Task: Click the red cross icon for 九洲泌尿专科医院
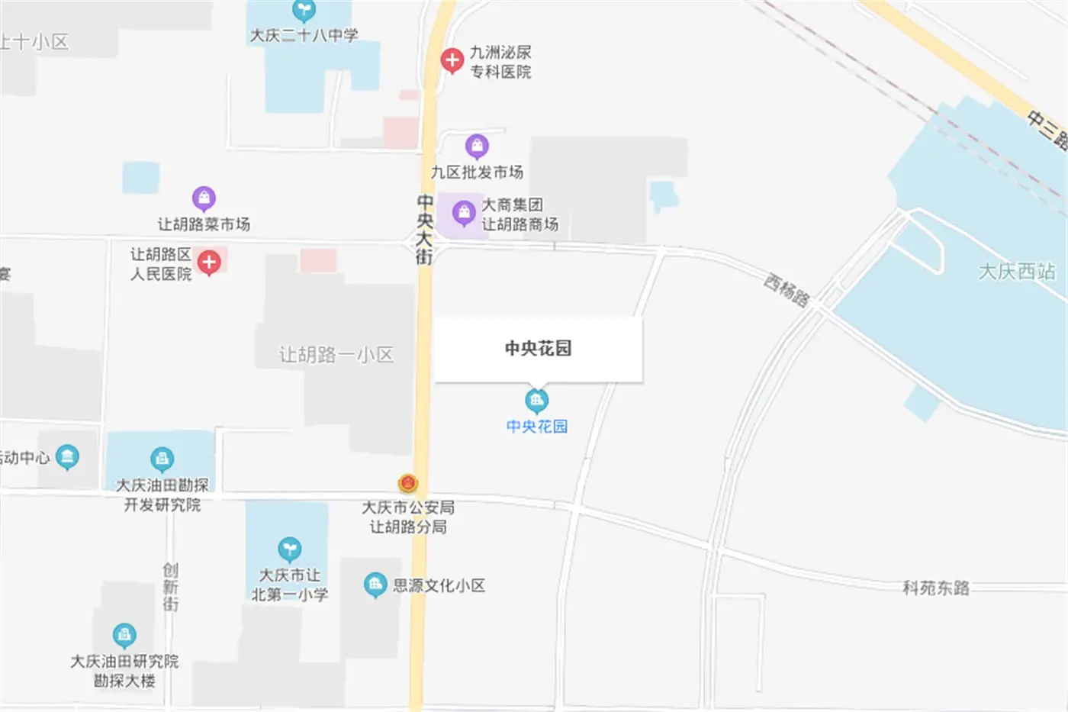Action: click(452, 60)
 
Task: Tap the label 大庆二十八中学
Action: click(304, 35)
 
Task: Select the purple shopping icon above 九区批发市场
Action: click(477, 146)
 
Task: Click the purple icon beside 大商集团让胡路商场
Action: click(464, 213)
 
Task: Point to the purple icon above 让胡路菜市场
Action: click(204, 198)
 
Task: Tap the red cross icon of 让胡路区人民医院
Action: click(209, 263)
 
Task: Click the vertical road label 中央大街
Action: click(425, 229)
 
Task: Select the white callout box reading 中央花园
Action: click(538, 349)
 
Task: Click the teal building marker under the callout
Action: click(537, 400)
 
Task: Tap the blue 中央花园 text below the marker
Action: click(537, 427)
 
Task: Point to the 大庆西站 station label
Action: click(1017, 272)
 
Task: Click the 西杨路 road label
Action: click(787, 291)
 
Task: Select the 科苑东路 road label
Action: click(936, 588)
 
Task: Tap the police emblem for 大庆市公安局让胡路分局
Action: click(408, 483)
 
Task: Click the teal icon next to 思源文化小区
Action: click(375, 585)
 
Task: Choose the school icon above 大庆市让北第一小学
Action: click(289, 549)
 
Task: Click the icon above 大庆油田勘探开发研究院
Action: click(162, 459)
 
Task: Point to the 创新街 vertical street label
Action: click(170, 587)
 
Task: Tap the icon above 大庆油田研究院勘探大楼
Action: click(124, 635)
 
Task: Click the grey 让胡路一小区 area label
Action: click(336, 355)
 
